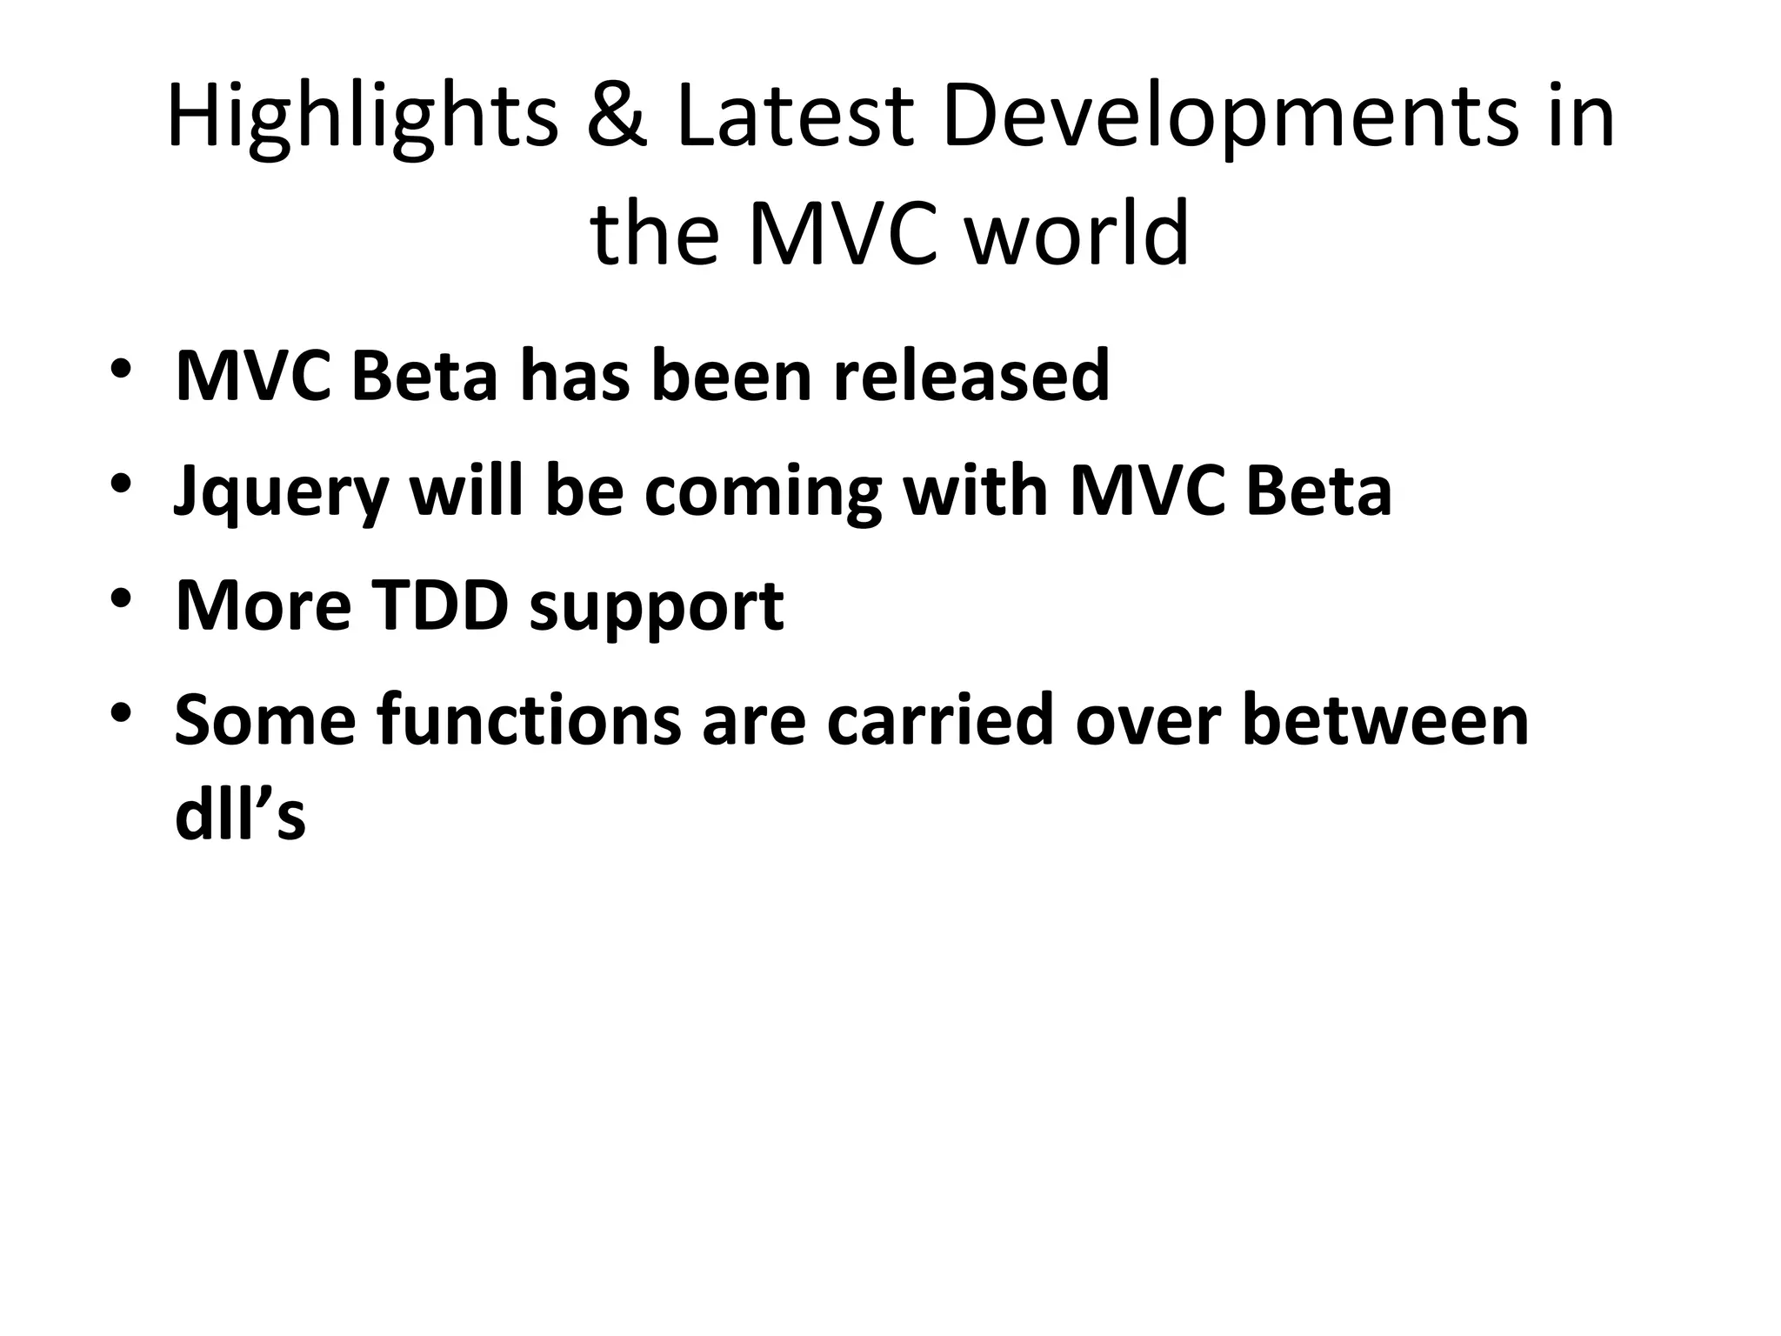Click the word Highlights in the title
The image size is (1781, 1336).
[362, 117]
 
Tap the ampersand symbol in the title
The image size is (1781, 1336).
[617, 117]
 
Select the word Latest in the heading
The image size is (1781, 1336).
[793, 117]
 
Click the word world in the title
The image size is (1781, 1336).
[1077, 234]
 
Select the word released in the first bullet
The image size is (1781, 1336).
[971, 376]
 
